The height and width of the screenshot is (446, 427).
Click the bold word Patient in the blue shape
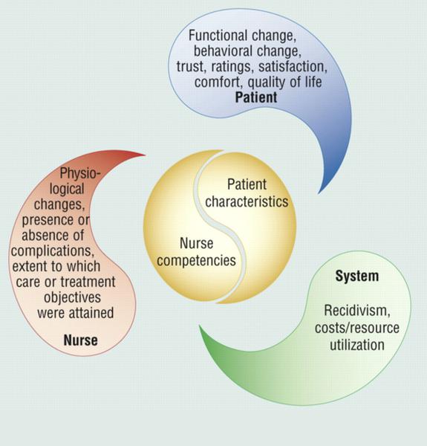256,97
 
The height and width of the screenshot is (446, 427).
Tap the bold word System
357,276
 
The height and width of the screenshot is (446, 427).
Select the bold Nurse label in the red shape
81,340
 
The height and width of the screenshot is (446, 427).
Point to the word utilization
357,345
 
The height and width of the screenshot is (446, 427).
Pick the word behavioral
223,51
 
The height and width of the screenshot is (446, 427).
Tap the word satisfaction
293,67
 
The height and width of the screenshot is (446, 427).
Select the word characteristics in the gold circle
247,201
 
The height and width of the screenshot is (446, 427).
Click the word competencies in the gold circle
196,261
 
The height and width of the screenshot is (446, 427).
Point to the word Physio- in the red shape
80,173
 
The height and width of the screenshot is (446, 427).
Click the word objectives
73,297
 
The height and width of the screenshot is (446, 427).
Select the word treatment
88,282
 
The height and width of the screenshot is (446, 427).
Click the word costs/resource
357,328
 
